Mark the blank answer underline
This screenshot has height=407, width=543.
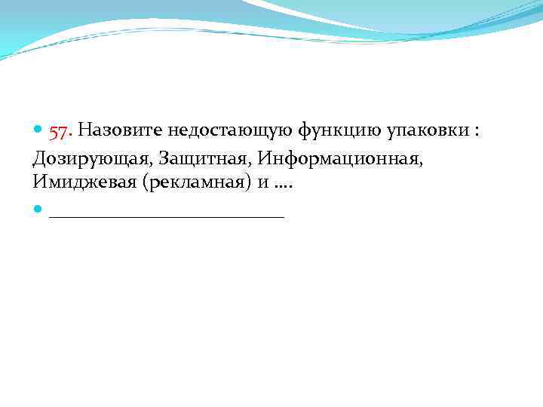tap(166, 216)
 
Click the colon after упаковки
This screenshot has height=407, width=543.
tap(476, 133)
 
